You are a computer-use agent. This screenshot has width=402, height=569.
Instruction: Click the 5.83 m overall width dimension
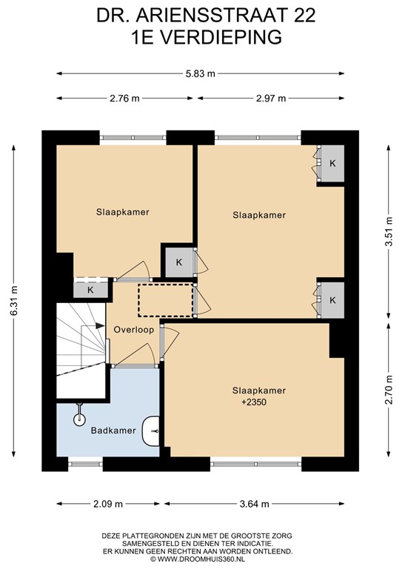point(201,73)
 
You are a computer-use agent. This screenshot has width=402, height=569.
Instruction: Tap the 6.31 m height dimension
point(13,302)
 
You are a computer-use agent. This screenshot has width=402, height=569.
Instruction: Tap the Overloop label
point(133,330)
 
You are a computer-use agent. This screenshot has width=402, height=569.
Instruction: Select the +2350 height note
point(254,402)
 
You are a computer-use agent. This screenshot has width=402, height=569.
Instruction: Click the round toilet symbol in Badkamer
point(80,419)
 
